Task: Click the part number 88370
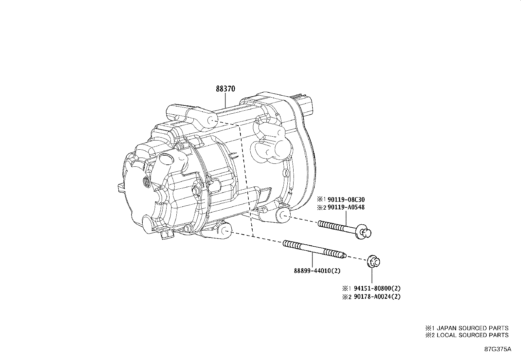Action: [x=225, y=89]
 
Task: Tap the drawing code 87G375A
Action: [x=497, y=349]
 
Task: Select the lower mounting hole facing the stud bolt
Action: [x=225, y=231]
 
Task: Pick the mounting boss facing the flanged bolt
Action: [x=282, y=215]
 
